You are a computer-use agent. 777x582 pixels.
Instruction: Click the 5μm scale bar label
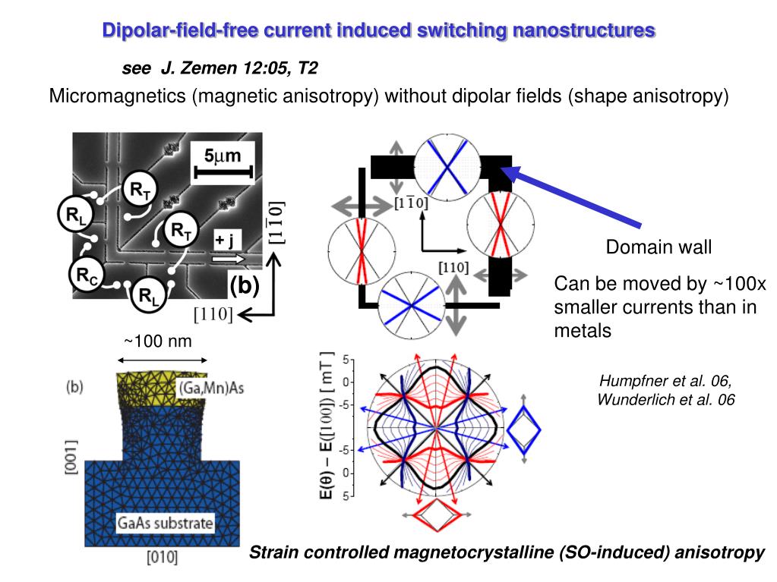click(x=223, y=156)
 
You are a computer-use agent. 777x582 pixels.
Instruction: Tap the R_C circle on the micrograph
click(x=87, y=275)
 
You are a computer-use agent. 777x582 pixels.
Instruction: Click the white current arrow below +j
click(x=229, y=259)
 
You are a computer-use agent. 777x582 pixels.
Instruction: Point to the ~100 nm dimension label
click(x=157, y=341)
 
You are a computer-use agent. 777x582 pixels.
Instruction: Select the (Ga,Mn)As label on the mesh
click(x=211, y=388)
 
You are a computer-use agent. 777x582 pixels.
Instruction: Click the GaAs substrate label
click(x=165, y=523)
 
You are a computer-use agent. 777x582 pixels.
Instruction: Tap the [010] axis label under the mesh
click(x=162, y=557)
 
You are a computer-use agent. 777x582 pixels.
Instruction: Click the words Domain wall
click(x=659, y=247)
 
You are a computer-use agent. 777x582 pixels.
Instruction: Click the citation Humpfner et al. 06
click(x=665, y=381)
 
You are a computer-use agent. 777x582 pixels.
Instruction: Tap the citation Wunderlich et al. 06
click(x=665, y=399)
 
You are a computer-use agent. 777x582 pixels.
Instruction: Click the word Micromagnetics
click(x=118, y=96)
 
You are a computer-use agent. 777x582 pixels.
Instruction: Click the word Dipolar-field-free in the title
click(x=180, y=30)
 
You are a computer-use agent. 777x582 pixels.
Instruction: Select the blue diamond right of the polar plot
click(x=524, y=429)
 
